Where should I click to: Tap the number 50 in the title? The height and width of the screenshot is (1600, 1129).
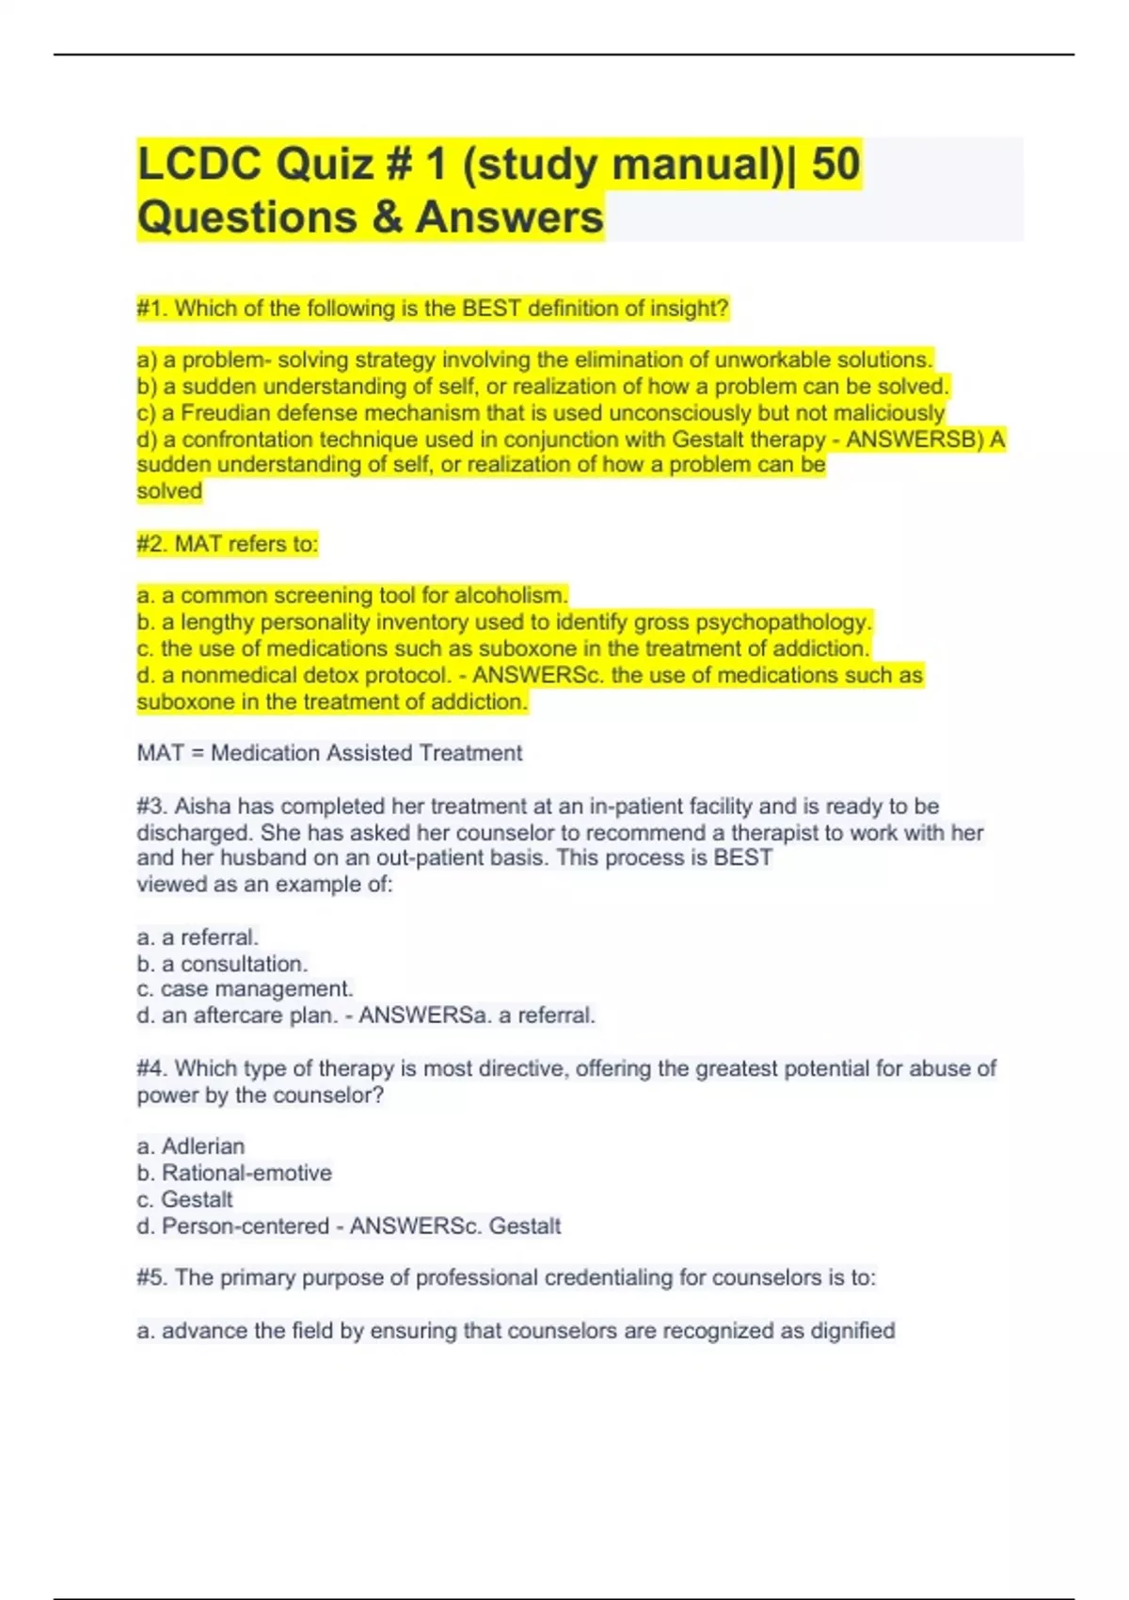pos(835,164)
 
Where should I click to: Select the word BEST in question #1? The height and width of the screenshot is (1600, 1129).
pos(491,309)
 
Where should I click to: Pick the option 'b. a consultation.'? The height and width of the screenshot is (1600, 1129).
pos(222,964)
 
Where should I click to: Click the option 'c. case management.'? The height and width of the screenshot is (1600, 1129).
pos(245,989)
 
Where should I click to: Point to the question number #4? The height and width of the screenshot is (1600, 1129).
pos(151,1068)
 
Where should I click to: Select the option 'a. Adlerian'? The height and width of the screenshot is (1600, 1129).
pos(190,1146)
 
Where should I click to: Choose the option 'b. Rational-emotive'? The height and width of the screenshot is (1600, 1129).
pos(234,1173)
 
